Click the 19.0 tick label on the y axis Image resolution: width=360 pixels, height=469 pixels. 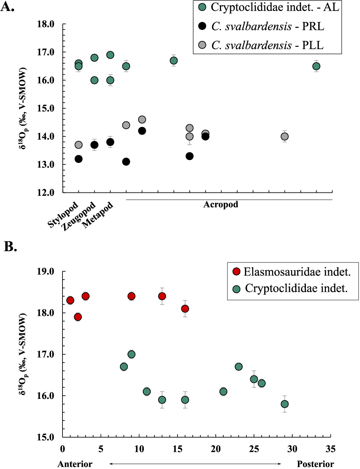coord(46,272)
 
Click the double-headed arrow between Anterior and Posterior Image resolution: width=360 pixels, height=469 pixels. coord(195,464)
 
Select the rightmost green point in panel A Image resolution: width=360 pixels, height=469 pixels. coord(316,66)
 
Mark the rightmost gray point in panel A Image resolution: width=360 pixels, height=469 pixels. coord(285,136)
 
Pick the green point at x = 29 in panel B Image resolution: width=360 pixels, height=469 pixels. coord(285,404)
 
